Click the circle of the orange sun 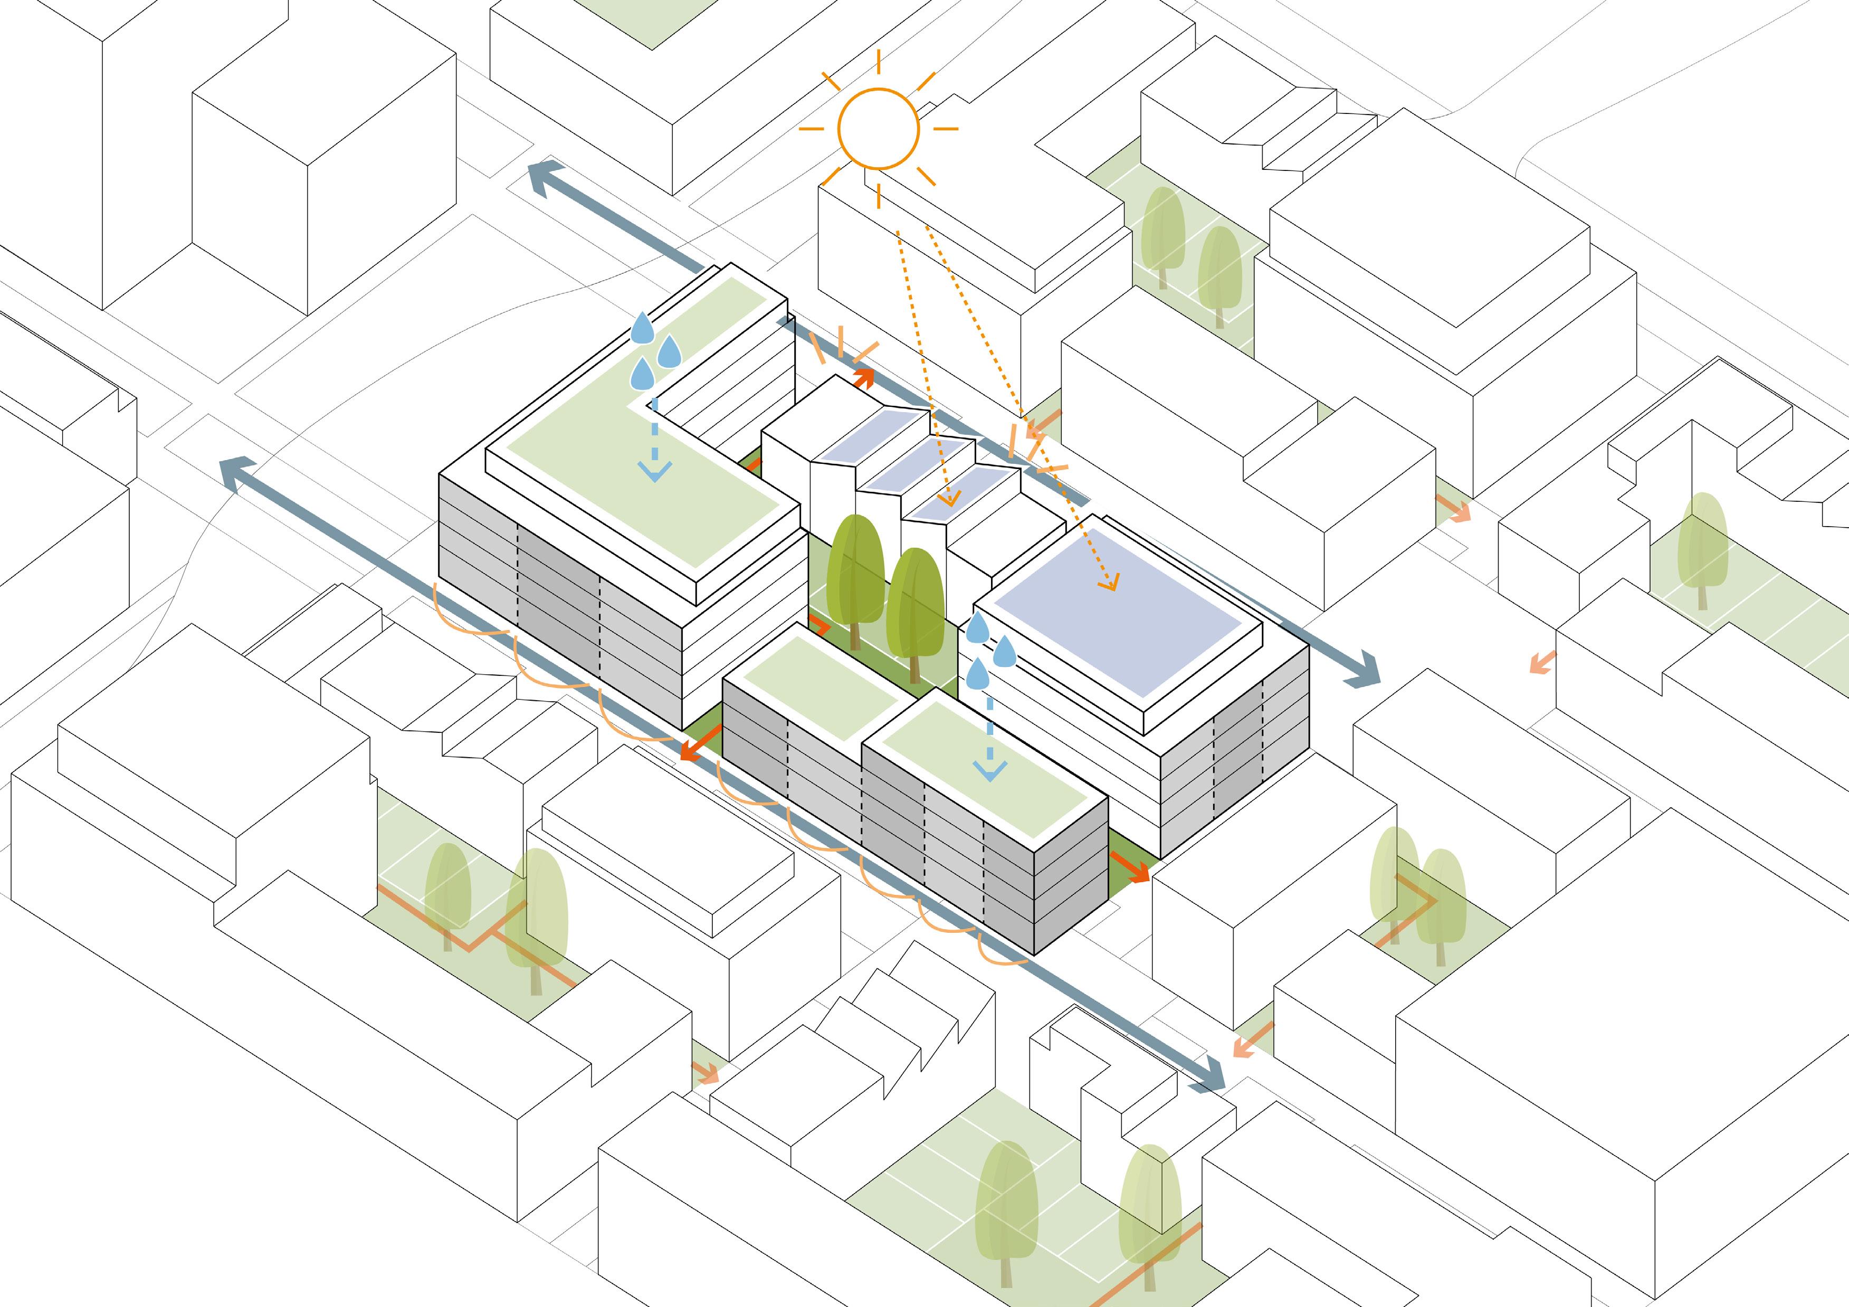878,129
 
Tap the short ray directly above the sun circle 878,62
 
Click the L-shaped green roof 612,451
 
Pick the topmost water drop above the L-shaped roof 642,329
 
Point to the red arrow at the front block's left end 696,747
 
